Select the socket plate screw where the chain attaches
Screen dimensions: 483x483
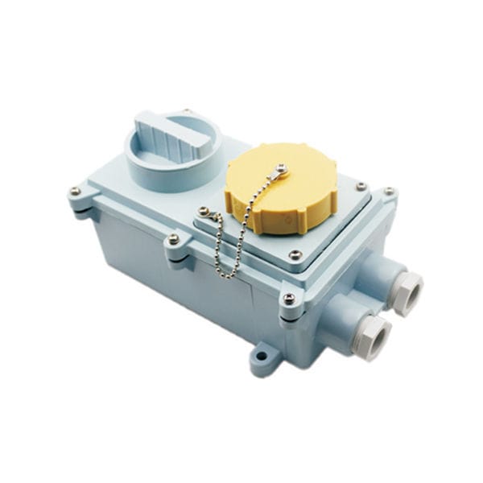(x=204, y=213)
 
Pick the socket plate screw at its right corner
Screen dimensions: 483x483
(x=360, y=187)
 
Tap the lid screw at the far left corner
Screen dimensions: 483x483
(x=75, y=191)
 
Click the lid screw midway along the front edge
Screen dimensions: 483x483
(x=172, y=239)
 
